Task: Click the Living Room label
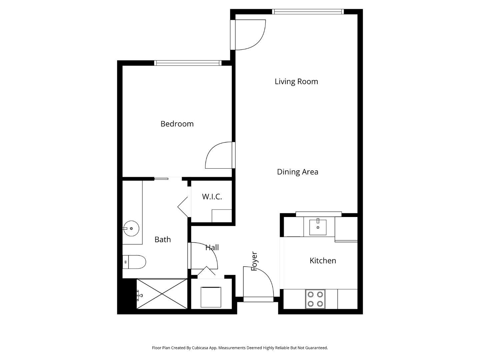click(296, 82)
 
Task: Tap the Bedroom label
click(177, 124)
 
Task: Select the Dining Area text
click(297, 172)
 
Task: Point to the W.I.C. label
click(212, 197)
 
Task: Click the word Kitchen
click(323, 261)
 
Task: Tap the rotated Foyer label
click(254, 261)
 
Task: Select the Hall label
click(212, 248)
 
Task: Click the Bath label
click(163, 240)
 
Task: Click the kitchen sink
click(318, 227)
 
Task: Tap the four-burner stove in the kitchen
click(315, 299)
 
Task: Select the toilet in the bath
click(134, 262)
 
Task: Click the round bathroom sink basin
click(131, 228)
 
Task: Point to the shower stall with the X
click(162, 294)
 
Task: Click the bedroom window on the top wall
click(188, 63)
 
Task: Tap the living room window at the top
click(308, 12)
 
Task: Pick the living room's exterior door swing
click(250, 35)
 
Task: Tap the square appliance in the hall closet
click(211, 297)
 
